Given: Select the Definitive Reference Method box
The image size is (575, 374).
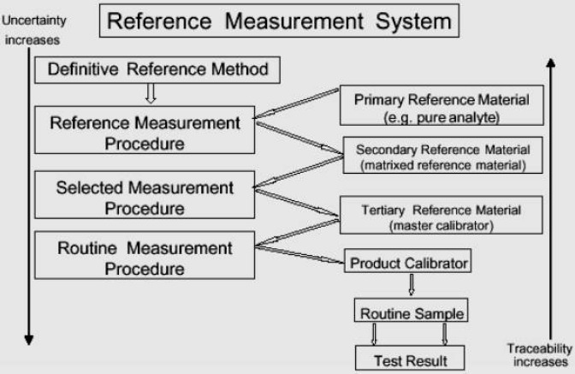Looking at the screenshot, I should click(x=158, y=69).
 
